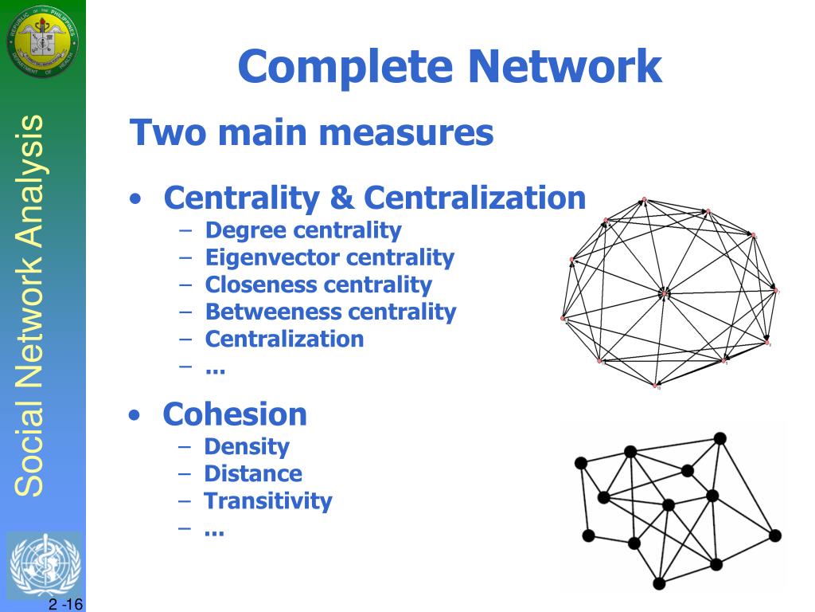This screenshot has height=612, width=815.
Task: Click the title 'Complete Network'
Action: pos(450,66)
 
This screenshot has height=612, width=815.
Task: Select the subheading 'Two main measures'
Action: pos(311,132)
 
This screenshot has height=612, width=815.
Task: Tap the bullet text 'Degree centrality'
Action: pos(303,230)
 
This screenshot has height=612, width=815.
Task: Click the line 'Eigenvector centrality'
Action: pos(330,257)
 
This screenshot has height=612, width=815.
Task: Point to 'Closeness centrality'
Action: pos(318,284)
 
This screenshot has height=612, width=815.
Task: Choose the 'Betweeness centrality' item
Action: pos(330,312)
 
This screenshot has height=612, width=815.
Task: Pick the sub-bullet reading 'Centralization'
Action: pos(284,339)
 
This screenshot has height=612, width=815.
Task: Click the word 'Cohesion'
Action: pos(235,414)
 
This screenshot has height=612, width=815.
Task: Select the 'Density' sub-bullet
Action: pos(247,446)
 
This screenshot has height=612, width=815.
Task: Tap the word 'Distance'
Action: pos(253,473)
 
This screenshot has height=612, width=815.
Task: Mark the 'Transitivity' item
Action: pos(267,500)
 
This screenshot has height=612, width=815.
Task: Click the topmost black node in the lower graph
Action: pos(720,437)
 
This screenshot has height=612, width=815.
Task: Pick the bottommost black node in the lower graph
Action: pos(659,584)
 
